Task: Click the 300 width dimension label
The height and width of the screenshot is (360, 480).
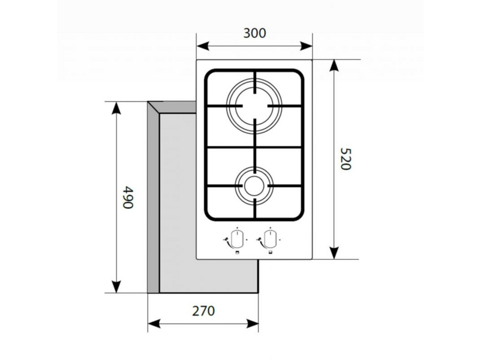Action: (254, 33)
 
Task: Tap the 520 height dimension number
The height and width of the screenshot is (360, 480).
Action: (346, 159)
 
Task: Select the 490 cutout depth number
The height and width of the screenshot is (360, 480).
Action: (128, 197)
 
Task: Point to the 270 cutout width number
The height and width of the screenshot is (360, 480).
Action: (203, 311)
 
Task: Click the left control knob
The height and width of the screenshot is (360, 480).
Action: (237, 239)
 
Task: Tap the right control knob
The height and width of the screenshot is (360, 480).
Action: (270, 239)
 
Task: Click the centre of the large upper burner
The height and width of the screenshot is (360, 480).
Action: (254, 106)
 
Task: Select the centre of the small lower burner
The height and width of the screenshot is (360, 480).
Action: (254, 186)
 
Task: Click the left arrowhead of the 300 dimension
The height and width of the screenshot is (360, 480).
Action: (203, 46)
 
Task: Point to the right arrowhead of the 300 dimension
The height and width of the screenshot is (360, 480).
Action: (306, 46)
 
